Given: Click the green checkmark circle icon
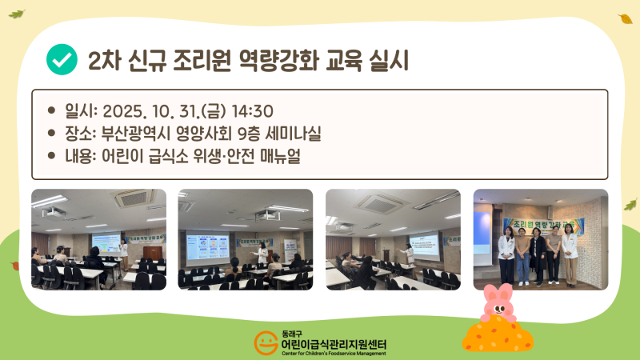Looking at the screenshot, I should pyautogui.click(x=62, y=60).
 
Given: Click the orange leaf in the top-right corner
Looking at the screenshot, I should pyautogui.click(x=625, y=18).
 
